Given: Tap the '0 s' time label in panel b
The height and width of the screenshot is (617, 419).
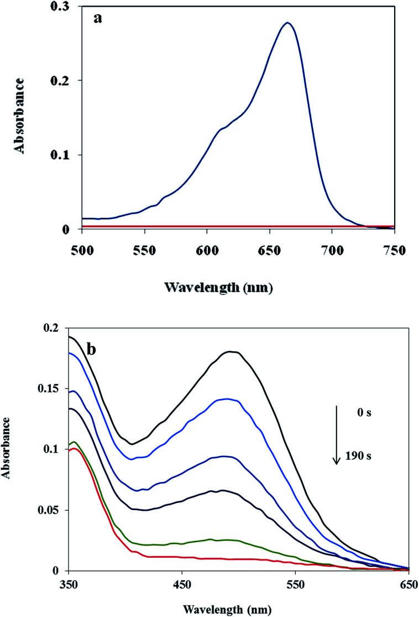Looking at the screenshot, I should click(364, 412).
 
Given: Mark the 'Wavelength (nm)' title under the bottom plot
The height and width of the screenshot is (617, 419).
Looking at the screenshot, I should click(237, 609).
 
